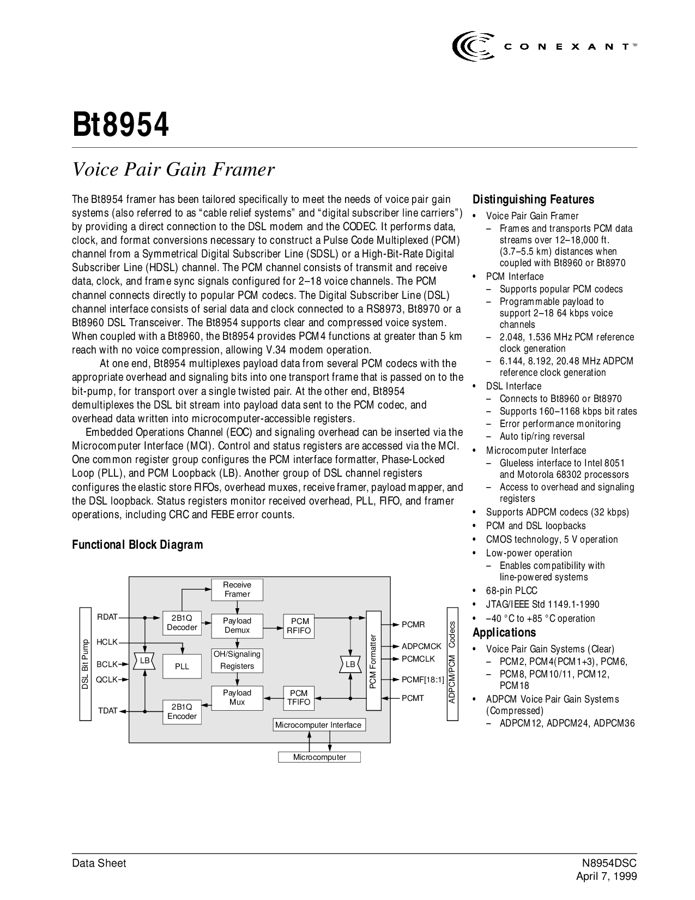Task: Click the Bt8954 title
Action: [x=121, y=125]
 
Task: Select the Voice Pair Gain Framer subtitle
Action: [x=174, y=170]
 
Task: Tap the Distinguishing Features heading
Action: [x=533, y=200]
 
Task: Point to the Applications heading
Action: [x=504, y=633]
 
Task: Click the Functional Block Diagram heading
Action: [x=138, y=545]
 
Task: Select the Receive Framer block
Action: [x=237, y=590]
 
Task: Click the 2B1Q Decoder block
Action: [x=182, y=623]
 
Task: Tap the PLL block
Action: [x=182, y=667]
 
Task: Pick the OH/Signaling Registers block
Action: [x=237, y=660]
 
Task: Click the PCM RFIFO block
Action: [x=300, y=626]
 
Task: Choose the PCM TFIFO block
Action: [x=299, y=698]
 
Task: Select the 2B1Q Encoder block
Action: [x=182, y=712]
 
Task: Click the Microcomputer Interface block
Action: [x=318, y=725]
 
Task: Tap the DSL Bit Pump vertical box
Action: [x=85, y=664]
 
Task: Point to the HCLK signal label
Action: [x=107, y=643]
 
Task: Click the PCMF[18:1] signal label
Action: [x=423, y=680]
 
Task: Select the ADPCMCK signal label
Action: [x=421, y=646]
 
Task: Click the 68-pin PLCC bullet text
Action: [x=511, y=591]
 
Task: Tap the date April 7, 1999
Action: [x=607, y=877]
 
